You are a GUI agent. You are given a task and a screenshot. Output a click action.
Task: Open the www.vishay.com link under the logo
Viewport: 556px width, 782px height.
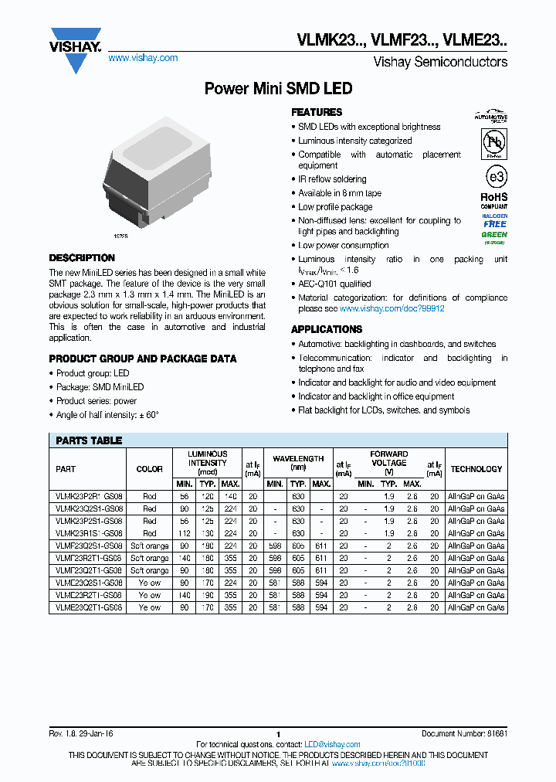[x=143, y=58]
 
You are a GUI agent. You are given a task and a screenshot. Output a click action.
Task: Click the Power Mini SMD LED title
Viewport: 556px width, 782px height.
[x=278, y=89]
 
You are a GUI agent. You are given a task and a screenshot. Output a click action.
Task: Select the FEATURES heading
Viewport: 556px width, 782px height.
[x=317, y=112]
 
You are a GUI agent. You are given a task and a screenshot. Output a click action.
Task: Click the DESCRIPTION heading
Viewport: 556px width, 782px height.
[x=82, y=258]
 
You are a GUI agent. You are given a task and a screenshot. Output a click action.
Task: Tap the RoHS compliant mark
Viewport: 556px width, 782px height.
[x=495, y=200]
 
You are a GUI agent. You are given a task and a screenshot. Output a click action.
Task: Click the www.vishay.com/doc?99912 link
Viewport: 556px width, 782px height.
[x=392, y=308]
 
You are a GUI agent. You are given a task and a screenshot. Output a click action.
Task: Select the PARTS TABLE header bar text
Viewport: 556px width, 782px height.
[x=89, y=440]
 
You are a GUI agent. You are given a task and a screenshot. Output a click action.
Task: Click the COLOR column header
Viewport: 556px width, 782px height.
[x=149, y=469]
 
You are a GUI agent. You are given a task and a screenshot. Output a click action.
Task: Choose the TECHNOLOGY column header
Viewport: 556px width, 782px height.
[x=476, y=469]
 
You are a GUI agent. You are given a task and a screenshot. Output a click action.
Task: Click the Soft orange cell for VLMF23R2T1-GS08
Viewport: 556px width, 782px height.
[x=149, y=558]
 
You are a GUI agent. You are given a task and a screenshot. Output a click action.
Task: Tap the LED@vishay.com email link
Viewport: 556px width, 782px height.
[x=332, y=745]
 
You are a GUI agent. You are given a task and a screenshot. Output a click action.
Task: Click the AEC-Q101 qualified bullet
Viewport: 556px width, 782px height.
[x=334, y=284]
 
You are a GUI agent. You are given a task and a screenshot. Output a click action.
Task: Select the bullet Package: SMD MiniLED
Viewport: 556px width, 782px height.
[x=100, y=387]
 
